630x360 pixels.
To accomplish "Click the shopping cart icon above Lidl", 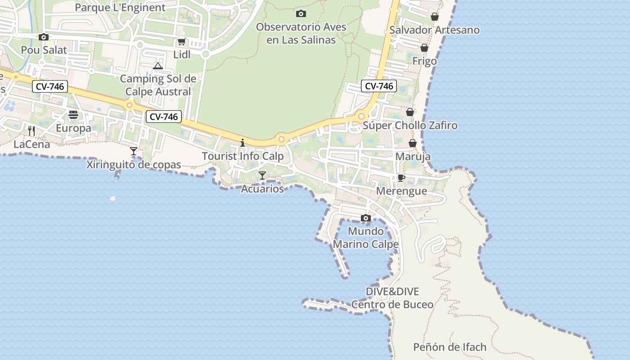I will point(181,42).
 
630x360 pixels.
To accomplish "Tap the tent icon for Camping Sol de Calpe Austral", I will point(157,66).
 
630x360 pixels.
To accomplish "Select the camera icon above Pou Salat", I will point(44,37).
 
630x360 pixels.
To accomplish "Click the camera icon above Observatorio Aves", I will point(301,13).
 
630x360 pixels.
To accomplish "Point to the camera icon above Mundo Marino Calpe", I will point(366,218).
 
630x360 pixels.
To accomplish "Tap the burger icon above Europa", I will point(73,115).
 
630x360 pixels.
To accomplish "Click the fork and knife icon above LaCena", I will point(31,131).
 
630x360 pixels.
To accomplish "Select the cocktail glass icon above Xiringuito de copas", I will point(134,151).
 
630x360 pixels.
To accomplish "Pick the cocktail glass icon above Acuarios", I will point(262,175).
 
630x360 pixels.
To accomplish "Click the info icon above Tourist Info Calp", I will point(243,143).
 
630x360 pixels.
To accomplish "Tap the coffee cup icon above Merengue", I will point(401,178).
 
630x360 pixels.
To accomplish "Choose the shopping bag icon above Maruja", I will point(413,144).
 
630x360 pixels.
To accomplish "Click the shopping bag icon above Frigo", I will point(424,48).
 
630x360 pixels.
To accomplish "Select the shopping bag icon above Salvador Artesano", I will point(435,17).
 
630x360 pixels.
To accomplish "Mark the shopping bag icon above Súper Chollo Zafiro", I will point(410,112).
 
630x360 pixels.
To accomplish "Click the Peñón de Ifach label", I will point(450,347).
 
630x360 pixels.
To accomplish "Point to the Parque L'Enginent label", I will point(120,8).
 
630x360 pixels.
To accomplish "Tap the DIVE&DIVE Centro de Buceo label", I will point(392,298).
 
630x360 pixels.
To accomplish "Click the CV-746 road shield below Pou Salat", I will point(50,86).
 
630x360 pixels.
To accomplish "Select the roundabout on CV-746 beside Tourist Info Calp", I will point(282,139).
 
